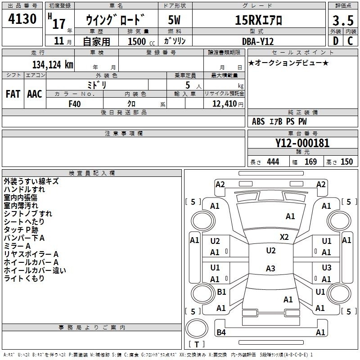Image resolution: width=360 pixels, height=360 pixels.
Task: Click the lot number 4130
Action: (22, 18)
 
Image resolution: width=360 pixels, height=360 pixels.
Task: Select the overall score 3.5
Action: (343, 20)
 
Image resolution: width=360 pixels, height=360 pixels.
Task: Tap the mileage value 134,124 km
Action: (53, 64)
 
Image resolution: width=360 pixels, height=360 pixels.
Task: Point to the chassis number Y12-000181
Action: (302, 143)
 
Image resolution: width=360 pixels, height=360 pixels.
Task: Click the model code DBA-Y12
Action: (258, 41)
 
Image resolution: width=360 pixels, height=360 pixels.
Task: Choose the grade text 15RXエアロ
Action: (258, 20)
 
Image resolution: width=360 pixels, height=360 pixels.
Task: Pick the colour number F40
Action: (75, 104)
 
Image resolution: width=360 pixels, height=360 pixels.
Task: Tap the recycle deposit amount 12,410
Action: (224, 104)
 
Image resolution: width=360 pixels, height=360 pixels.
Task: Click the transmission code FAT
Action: (13, 94)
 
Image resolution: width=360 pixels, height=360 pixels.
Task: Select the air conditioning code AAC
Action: (35, 94)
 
